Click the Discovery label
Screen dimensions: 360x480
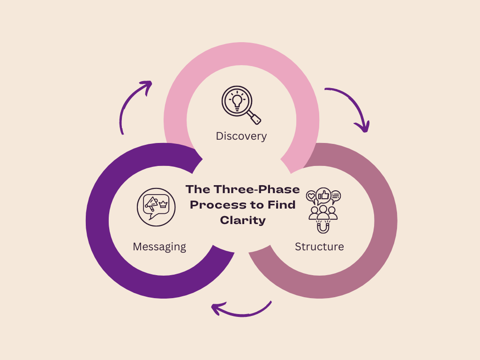(x=241, y=136)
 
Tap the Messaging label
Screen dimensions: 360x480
(x=159, y=247)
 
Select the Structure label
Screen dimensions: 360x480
(x=319, y=247)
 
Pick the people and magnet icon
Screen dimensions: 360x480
(x=323, y=210)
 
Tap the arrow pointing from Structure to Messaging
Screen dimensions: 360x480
(x=241, y=309)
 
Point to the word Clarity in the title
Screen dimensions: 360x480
(x=243, y=220)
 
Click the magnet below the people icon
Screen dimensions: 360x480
(x=323, y=227)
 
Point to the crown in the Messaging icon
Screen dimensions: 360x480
(x=164, y=204)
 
